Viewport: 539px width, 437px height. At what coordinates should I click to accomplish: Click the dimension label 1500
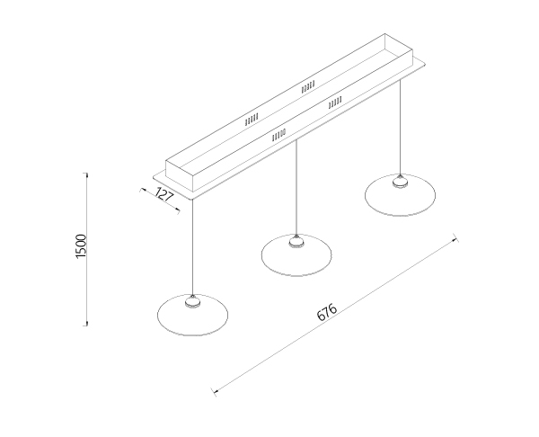click(x=81, y=246)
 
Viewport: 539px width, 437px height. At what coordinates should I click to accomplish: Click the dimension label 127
click(x=163, y=195)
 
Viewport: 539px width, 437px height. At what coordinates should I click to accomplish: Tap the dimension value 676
click(x=327, y=312)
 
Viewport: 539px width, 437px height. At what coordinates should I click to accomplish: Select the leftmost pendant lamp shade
click(x=192, y=316)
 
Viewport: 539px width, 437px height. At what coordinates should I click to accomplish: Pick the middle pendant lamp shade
click(x=296, y=255)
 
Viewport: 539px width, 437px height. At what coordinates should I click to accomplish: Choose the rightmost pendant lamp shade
click(x=400, y=195)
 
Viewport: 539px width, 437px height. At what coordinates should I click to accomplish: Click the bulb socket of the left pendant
click(x=192, y=302)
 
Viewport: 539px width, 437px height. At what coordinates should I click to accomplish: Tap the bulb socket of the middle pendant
click(x=296, y=242)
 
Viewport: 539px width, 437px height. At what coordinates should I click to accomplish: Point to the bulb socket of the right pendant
click(x=400, y=182)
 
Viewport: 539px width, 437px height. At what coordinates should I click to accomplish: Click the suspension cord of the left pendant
click(x=192, y=247)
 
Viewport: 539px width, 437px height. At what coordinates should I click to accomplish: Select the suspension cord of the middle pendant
click(x=296, y=188)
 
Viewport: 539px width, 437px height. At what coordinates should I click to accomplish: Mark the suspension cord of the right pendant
click(x=400, y=128)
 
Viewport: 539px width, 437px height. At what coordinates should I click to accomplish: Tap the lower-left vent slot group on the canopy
click(x=278, y=136)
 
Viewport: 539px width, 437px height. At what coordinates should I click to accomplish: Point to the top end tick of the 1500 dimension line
click(x=86, y=174)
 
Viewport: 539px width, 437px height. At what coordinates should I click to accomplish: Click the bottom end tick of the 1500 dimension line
click(x=86, y=324)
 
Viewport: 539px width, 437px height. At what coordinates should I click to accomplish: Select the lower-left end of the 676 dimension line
click(x=215, y=391)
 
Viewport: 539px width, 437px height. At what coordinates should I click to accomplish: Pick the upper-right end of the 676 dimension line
click(x=455, y=237)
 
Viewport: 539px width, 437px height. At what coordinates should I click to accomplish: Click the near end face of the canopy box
click(x=180, y=175)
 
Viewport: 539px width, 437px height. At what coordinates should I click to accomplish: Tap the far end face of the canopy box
click(x=398, y=49)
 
